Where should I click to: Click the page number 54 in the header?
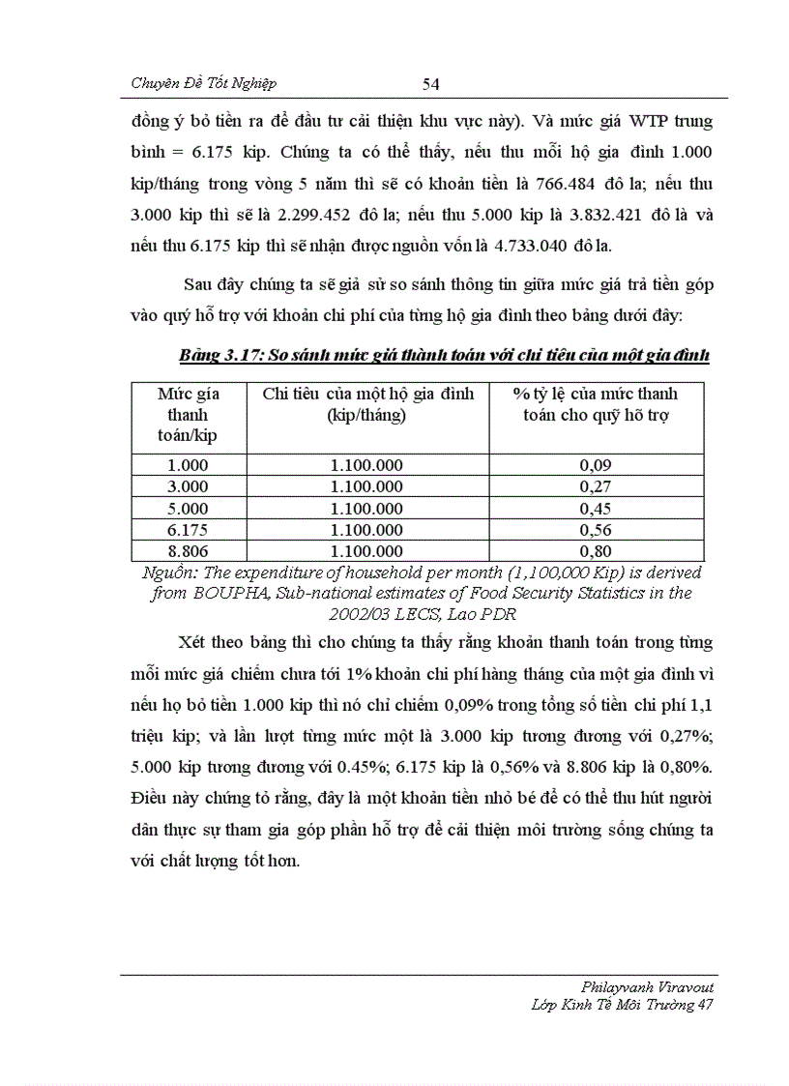click(431, 84)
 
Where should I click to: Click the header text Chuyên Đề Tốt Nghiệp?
click(210, 84)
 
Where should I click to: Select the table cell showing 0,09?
click(595, 465)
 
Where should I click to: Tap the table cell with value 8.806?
click(188, 551)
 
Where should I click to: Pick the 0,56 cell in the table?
click(595, 530)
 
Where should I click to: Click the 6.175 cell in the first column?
click(188, 530)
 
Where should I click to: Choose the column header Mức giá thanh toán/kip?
click(188, 414)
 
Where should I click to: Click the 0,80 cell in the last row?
click(595, 551)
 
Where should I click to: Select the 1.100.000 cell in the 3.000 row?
click(366, 486)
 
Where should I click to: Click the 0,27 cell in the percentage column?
click(595, 486)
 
